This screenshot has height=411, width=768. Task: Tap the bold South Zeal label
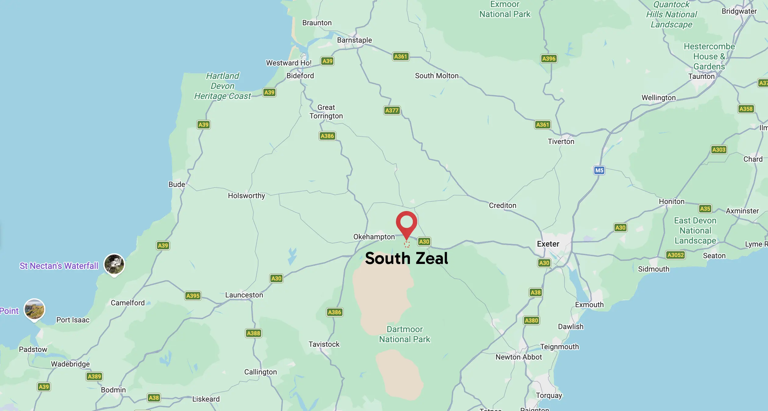point(406,258)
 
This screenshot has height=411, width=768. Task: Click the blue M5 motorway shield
point(599,170)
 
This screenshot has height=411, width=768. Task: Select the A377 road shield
point(392,110)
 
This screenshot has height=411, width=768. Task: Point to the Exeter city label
point(548,244)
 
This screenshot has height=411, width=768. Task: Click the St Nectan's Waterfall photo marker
point(114,264)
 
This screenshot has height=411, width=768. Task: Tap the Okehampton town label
point(374,237)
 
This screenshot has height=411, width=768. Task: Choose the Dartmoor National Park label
point(404,334)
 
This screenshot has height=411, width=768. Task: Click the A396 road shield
point(549,58)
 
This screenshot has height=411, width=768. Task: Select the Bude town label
point(177,184)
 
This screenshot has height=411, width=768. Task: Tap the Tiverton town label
point(561,141)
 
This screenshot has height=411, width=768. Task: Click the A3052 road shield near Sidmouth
point(675,255)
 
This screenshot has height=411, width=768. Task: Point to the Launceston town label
point(244,295)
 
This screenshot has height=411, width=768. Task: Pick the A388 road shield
point(253,333)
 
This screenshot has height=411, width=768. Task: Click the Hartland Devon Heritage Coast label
point(222,86)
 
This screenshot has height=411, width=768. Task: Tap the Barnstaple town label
point(354,40)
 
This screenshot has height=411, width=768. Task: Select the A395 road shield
point(193,296)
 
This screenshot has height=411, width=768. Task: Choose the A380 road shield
point(531,320)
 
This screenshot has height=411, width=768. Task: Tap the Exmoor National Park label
point(505,9)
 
